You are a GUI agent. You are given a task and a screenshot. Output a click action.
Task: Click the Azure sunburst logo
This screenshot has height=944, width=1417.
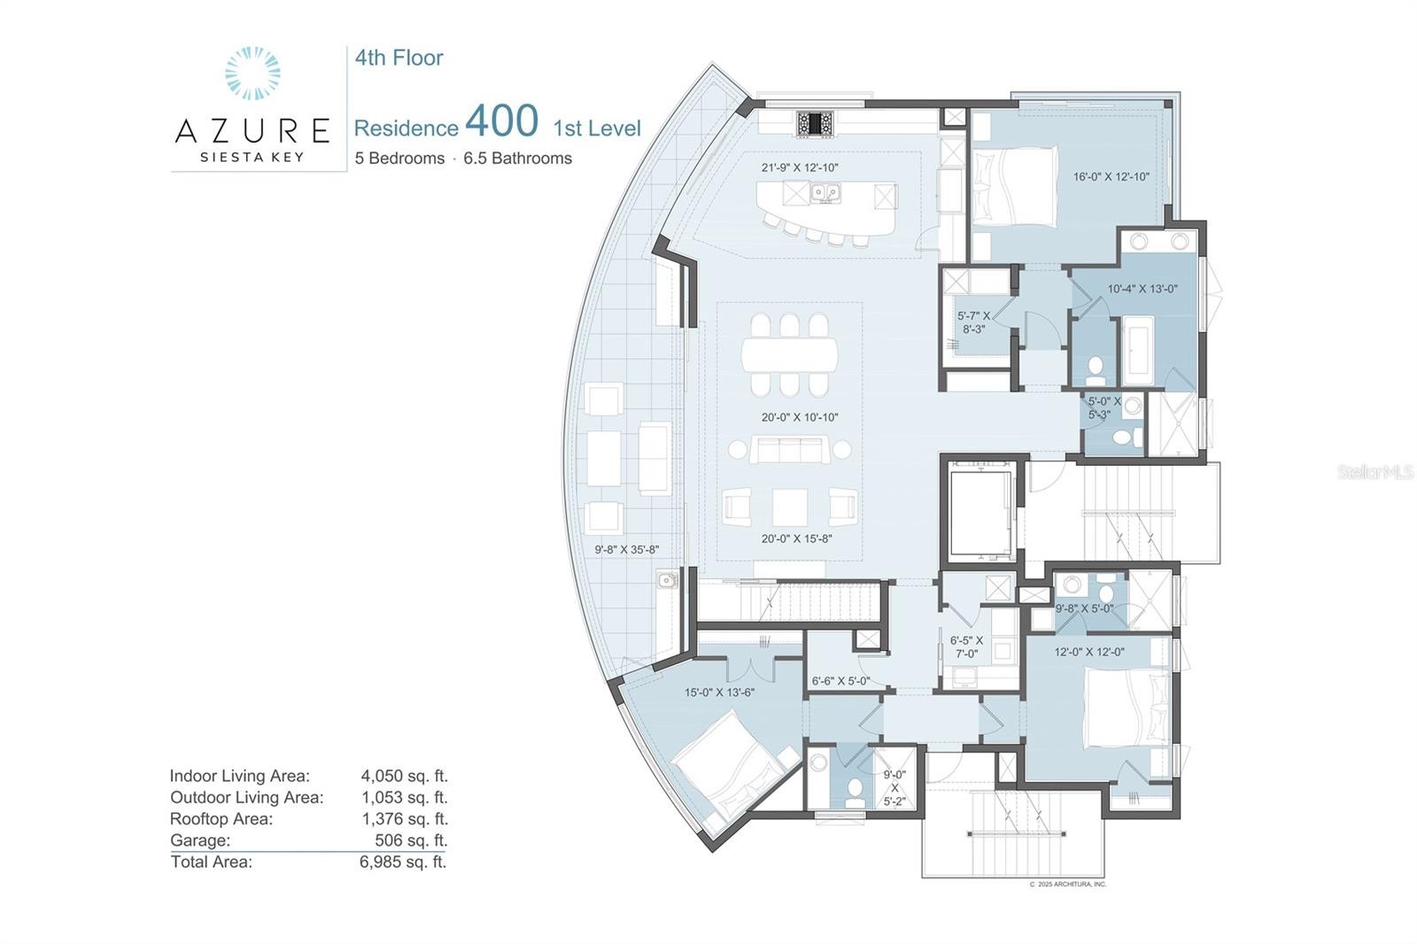click(252, 73)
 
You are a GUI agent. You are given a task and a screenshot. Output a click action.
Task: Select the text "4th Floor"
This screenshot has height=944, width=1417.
click(399, 58)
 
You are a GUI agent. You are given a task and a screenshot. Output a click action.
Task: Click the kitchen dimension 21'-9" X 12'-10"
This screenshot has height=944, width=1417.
click(800, 167)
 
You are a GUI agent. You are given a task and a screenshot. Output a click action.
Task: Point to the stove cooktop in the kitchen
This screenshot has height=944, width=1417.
click(815, 123)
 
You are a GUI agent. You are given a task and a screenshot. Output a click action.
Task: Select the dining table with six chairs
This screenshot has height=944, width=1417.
click(789, 354)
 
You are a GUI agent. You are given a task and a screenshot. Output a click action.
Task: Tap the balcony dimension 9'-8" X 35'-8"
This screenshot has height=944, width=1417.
click(626, 550)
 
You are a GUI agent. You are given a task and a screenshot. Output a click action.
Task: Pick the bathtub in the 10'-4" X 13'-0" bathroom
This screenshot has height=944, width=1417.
click(1138, 350)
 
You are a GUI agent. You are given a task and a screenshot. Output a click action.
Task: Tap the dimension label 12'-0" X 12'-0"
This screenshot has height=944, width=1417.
click(1088, 652)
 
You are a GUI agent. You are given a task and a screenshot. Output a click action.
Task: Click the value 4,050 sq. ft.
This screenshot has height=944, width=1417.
click(404, 776)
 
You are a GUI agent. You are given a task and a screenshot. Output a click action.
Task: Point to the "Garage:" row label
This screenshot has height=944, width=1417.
click(200, 840)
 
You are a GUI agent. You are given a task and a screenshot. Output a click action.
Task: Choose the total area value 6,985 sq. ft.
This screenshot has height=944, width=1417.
click(403, 862)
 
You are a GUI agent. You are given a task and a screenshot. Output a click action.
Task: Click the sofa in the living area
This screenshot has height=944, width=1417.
click(789, 450)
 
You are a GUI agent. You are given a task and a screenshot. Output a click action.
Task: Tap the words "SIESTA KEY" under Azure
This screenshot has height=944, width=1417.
click(252, 157)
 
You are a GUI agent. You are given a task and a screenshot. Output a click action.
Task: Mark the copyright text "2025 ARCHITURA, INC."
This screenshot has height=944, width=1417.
click(1072, 884)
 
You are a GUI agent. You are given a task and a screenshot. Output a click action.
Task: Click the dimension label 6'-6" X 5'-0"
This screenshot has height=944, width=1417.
click(840, 681)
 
